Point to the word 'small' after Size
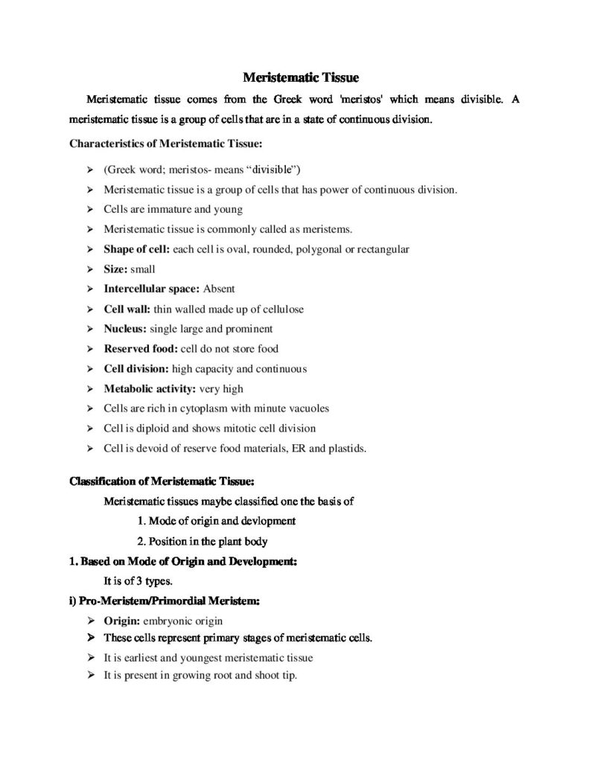tap(143, 269)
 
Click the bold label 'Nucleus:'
tap(125, 328)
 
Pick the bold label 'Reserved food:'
tap(141, 348)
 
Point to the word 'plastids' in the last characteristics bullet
tap(347, 448)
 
